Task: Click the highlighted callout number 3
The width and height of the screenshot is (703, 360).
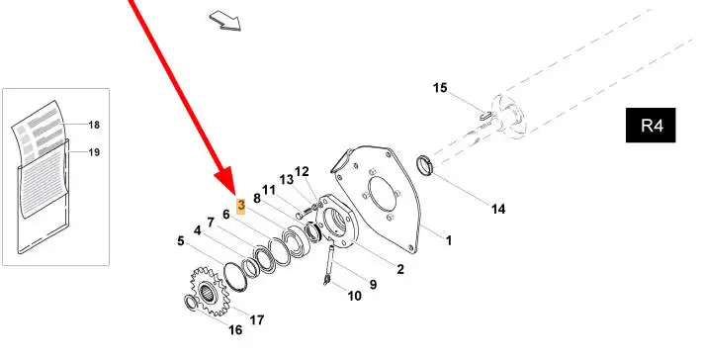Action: [241, 206]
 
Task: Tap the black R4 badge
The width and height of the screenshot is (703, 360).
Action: [651, 126]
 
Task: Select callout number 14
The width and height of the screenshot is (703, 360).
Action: [498, 209]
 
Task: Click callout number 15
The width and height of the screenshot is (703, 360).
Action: [440, 88]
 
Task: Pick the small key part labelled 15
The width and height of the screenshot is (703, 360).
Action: [486, 116]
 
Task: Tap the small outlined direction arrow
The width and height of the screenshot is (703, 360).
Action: [225, 21]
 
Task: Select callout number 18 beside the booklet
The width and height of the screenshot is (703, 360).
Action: [94, 125]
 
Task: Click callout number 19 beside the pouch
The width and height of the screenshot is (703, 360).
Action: [94, 152]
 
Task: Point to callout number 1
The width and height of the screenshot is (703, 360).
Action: [448, 240]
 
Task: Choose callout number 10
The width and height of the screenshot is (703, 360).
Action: [354, 296]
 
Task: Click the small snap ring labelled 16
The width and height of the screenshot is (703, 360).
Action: [191, 303]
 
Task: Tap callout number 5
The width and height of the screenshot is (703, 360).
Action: [181, 241]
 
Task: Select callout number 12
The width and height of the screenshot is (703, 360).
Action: [302, 171]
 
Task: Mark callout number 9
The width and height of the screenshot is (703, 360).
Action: [373, 284]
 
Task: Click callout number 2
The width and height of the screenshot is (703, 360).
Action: [399, 269]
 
